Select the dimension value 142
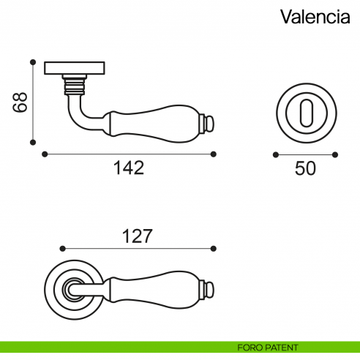pos(129,168)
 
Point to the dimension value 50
pos(305,168)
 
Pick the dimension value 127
pos(136,236)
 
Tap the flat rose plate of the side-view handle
pos(75,69)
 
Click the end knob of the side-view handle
pos(209,124)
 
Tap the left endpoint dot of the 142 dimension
pos(45,154)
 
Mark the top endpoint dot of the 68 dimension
pos(33,61)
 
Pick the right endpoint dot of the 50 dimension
pos(336,154)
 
